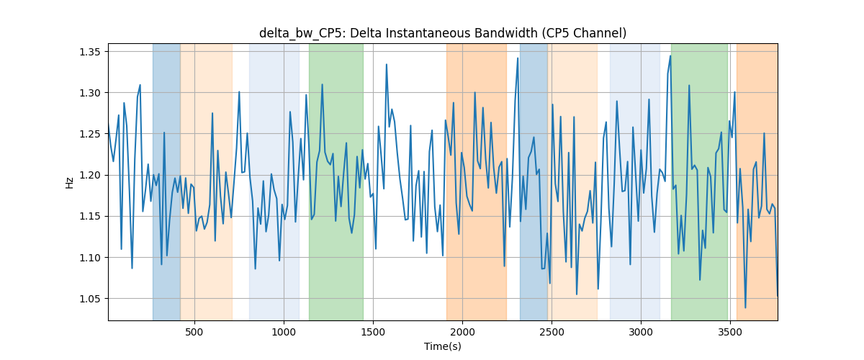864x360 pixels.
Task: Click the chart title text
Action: click(443, 33)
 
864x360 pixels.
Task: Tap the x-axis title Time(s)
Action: click(443, 346)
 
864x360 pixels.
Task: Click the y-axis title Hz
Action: click(69, 183)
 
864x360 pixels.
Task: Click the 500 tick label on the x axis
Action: click(194, 332)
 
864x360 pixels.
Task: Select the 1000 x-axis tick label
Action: click(284, 332)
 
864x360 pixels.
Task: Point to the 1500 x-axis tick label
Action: click(373, 332)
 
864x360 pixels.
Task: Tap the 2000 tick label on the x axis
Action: click(462, 332)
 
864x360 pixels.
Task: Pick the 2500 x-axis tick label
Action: click(552, 332)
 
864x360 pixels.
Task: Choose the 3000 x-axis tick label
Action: click(641, 332)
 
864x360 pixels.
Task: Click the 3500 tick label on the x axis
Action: click(730, 332)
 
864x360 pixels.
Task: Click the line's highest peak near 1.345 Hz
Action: click(670, 56)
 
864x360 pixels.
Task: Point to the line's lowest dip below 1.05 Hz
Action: click(745, 307)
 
